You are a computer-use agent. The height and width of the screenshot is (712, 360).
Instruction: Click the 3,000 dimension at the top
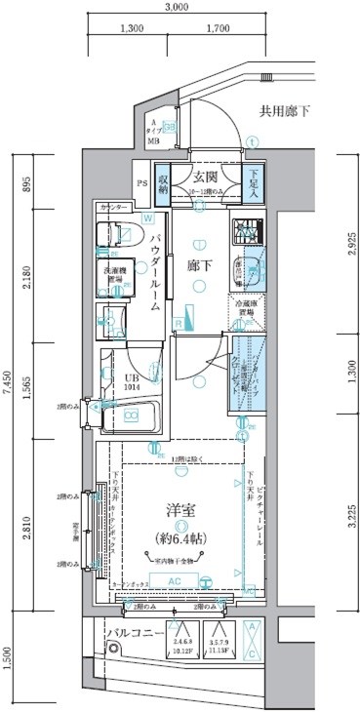[x=176, y=9]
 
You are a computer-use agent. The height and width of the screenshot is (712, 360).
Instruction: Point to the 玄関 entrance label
[x=203, y=177]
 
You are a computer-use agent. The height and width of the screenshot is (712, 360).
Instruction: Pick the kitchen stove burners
[x=244, y=232]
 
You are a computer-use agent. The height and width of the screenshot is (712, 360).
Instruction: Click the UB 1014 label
[x=131, y=382]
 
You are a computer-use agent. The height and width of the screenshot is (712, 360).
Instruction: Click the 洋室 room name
[x=179, y=507]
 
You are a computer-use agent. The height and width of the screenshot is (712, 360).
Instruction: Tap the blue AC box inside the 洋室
[x=177, y=580]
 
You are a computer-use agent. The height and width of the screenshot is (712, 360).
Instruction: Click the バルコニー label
[x=132, y=636]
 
